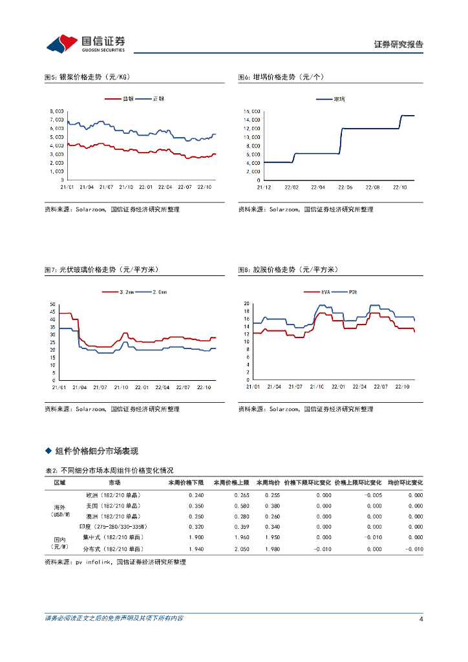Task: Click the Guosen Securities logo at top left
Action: point(85,43)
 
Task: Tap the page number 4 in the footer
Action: point(421,619)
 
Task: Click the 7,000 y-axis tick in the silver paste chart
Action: point(56,120)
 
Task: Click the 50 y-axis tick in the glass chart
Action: point(52,304)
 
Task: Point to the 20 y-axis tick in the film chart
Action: point(246,303)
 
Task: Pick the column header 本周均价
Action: point(268,482)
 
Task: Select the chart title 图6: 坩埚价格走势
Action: point(281,77)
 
